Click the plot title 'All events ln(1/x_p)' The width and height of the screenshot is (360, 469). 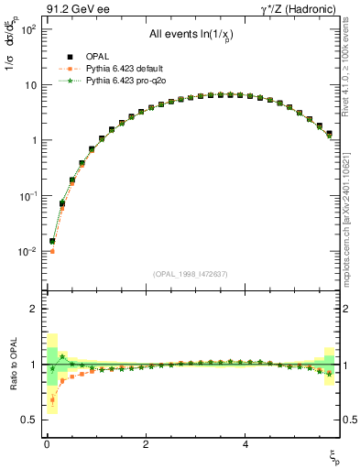pos(190,35)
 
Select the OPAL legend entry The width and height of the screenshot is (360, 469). pos(98,57)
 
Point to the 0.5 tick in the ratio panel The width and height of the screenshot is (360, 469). pos(28,420)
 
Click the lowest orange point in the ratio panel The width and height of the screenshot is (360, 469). pos(52,399)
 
